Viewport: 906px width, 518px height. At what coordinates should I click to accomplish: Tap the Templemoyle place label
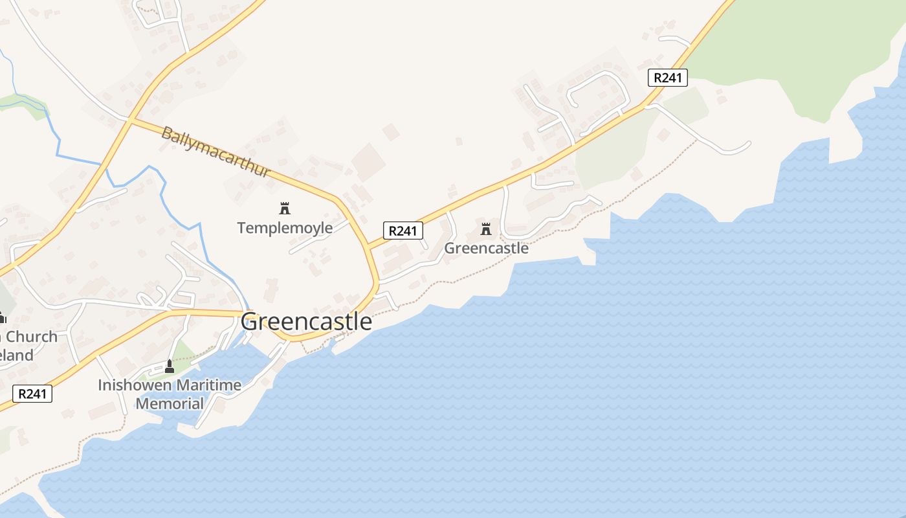pyautogui.click(x=285, y=228)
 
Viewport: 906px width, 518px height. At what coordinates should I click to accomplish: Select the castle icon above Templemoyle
pyautogui.click(x=284, y=208)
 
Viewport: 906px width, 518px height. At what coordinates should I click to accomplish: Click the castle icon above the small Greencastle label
pyautogui.click(x=486, y=229)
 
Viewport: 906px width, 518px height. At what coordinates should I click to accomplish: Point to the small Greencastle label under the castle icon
pyautogui.click(x=486, y=248)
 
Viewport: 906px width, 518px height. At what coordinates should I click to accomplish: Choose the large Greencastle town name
pyautogui.click(x=306, y=321)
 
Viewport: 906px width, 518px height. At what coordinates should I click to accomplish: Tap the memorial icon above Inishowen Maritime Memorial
pyautogui.click(x=170, y=366)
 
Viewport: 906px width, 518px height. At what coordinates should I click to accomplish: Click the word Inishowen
pyautogui.click(x=135, y=385)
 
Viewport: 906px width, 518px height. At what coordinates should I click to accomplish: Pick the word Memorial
pyautogui.click(x=170, y=404)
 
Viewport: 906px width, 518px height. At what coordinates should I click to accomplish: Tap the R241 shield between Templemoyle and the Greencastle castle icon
pyautogui.click(x=403, y=230)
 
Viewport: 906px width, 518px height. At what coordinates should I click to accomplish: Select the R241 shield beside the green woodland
pyautogui.click(x=667, y=78)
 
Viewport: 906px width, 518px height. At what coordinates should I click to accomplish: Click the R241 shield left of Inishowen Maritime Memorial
pyautogui.click(x=32, y=393)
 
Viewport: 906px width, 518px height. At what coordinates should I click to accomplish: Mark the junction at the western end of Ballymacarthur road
pyautogui.click(x=129, y=120)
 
